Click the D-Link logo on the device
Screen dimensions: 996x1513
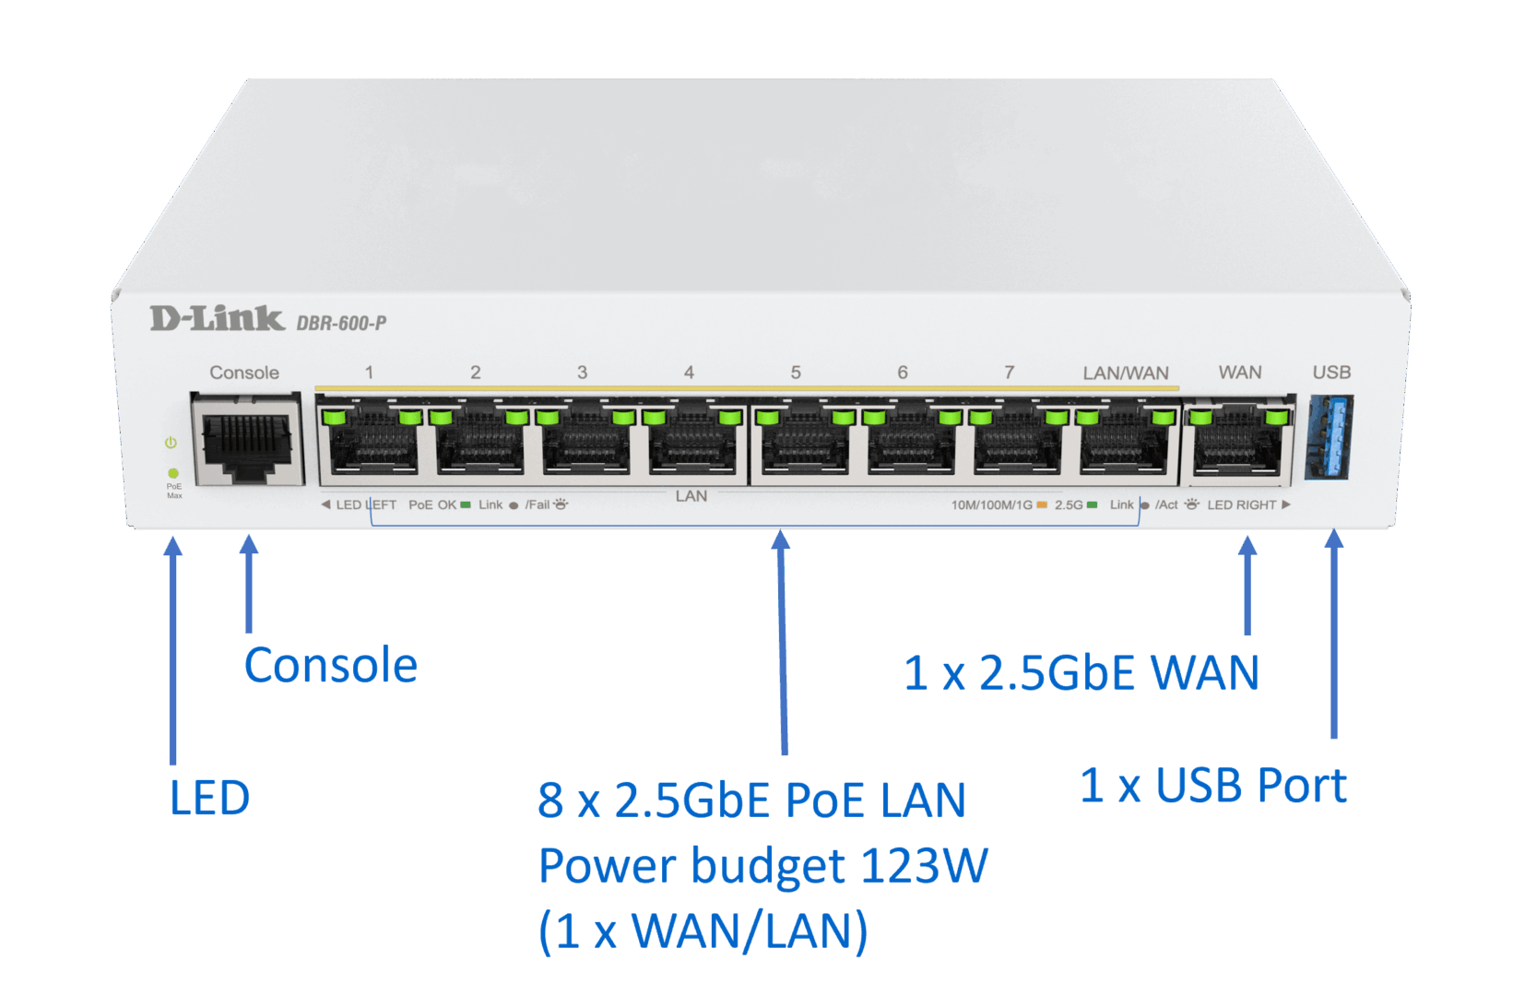pos(217,319)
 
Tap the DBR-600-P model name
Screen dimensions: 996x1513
pos(341,324)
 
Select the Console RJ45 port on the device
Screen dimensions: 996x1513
pos(247,440)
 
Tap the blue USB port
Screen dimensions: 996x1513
pos(1330,437)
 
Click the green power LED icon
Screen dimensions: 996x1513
pos(171,443)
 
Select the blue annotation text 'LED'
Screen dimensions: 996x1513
pos(209,798)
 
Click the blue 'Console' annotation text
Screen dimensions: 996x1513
pos(330,665)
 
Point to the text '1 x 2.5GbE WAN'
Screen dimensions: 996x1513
pos(1081,672)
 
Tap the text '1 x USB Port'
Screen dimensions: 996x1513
pos(1212,786)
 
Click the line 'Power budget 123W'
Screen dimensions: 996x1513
pos(762,866)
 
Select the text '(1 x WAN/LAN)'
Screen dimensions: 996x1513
pos(703,931)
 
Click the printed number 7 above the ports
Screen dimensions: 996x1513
pos(1010,373)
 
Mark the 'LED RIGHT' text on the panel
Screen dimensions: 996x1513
pos(1241,504)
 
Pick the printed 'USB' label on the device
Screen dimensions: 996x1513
pos(1331,373)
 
